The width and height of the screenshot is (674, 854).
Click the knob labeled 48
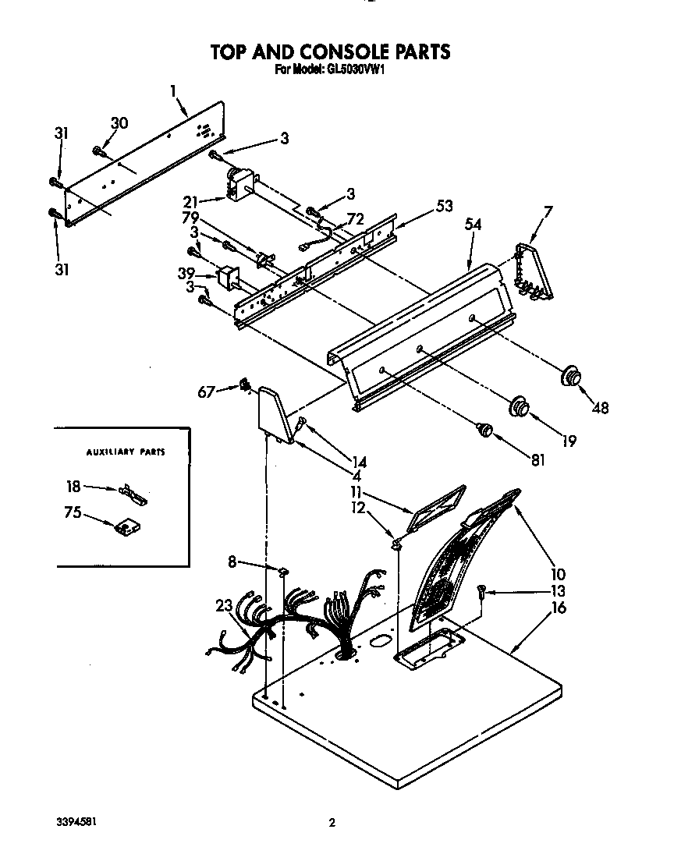pyautogui.click(x=570, y=375)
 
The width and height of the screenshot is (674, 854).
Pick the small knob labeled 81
pyautogui.click(x=484, y=430)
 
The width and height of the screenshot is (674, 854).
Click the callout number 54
pyautogui.click(x=473, y=224)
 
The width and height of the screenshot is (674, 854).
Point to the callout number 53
pyautogui.click(x=445, y=206)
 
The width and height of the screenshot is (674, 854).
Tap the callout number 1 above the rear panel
pyautogui.click(x=173, y=90)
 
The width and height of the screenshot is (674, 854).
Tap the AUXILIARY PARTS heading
pyautogui.click(x=126, y=452)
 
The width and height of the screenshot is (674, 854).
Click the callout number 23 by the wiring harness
pyautogui.click(x=224, y=605)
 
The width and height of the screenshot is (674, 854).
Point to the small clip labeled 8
pyautogui.click(x=283, y=572)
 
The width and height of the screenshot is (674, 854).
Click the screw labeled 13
pyautogui.click(x=481, y=591)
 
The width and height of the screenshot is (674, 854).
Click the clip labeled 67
pyautogui.click(x=245, y=386)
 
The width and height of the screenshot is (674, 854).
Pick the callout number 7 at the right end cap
pyautogui.click(x=548, y=211)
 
